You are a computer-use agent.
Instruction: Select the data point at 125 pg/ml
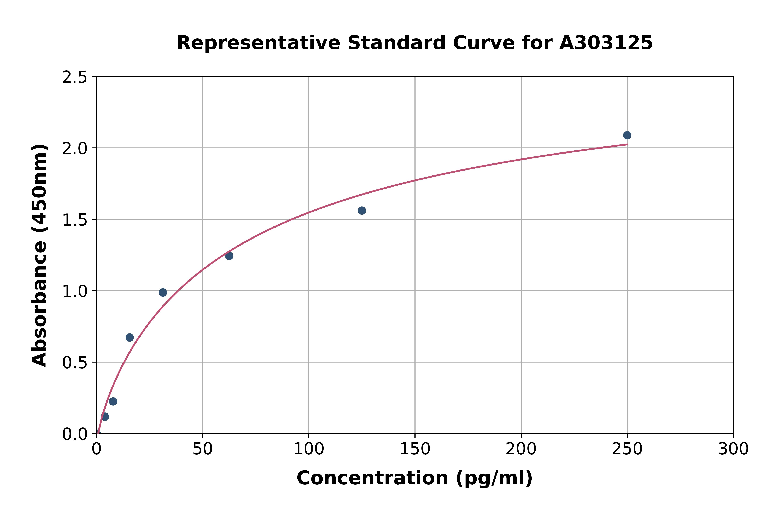pos(362,211)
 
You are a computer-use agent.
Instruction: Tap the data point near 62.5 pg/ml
pos(229,256)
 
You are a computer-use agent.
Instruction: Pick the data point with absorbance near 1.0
pos(163,292)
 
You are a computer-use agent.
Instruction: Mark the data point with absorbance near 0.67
pos(130,337)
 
